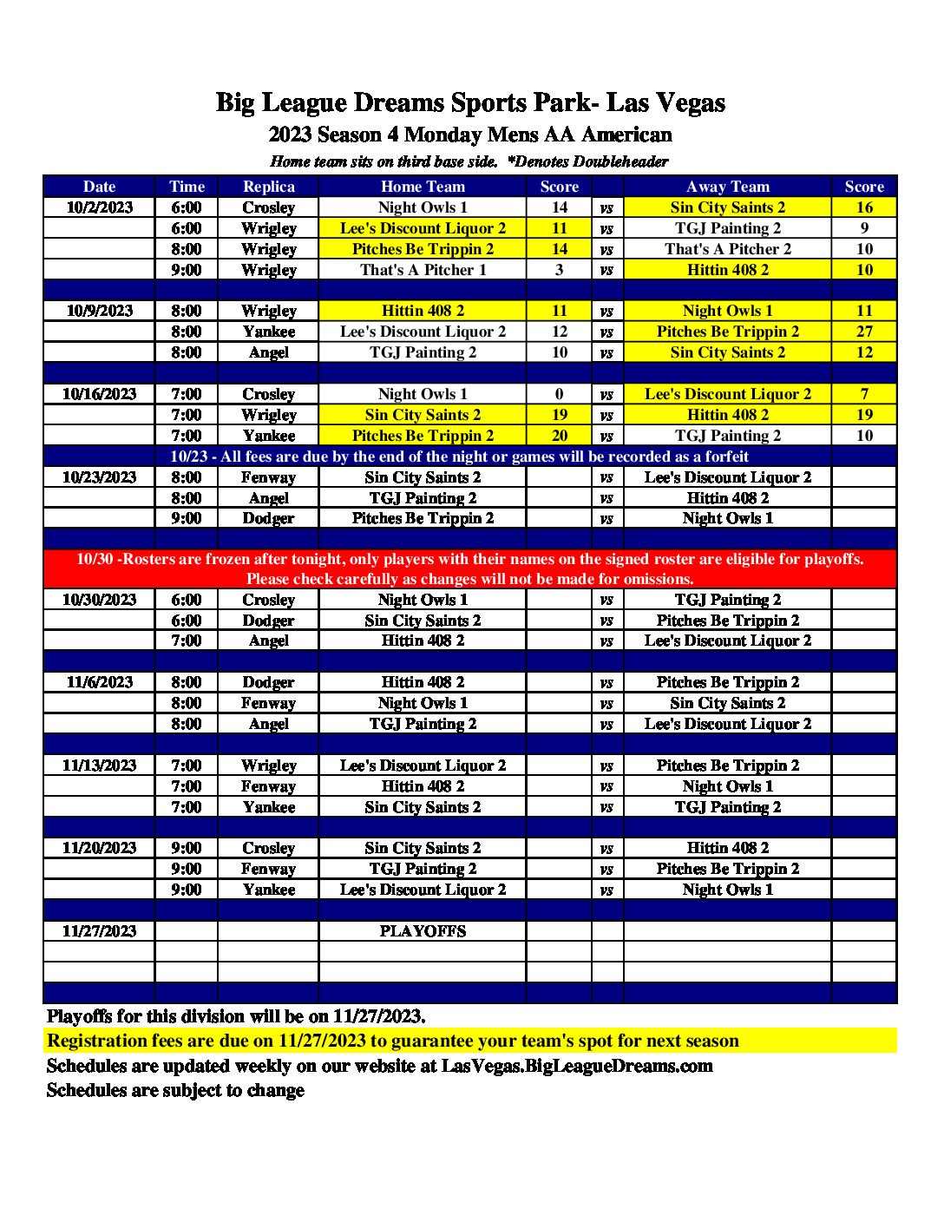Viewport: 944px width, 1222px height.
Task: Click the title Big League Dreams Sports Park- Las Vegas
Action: (x=470, y=103)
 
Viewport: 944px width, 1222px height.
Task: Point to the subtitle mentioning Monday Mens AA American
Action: (x=470, y=135)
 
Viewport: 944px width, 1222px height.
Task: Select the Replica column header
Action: (x=269, y=187)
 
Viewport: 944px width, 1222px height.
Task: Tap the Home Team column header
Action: (x=423, y=187)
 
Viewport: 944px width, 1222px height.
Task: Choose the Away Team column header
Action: (x=727, y=187)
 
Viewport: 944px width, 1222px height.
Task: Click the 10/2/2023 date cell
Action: (x=100, y=207)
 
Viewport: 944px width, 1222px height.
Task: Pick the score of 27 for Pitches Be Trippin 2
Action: (x=864, y=332)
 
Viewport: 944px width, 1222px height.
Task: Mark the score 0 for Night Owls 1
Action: (x=560, y=394)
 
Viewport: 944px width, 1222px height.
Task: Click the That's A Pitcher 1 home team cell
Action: (x=423, y=270)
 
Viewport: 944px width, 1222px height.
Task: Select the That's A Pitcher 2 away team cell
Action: (x=727, y=249)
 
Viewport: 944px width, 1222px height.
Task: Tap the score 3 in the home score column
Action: (x=560, y=270)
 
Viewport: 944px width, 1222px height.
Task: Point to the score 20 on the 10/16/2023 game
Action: (x=560, y=436)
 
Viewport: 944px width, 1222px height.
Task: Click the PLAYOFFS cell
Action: (x=423, y=931)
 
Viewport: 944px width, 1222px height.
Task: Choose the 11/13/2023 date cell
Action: (x=100, y=765)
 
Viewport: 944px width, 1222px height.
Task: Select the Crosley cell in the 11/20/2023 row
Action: (x=269, y=848)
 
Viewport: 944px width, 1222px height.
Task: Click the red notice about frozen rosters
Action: (x=470, y=568)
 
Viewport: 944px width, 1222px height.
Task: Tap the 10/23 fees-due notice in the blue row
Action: (x=459, y=457)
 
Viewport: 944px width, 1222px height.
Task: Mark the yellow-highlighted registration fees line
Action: (x=393, y=1041)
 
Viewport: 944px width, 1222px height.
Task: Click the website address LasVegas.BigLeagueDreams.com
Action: (x=577, y=1066)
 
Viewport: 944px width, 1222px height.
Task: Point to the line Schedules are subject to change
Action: (x=175, y=1090)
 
